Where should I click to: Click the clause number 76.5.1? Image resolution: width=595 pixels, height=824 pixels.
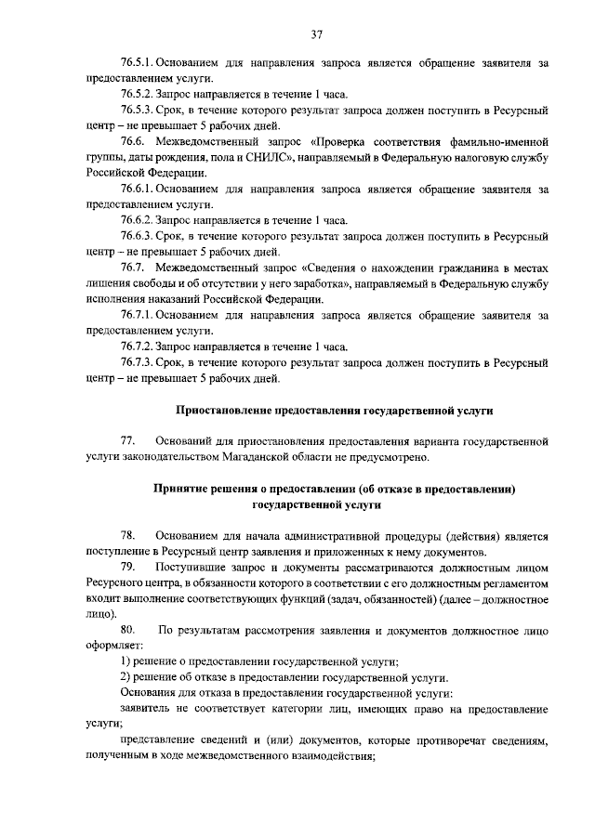[138, 63]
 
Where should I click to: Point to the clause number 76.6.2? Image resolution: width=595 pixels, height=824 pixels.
[138, 220]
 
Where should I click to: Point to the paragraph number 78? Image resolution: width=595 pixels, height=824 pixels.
[128, 535]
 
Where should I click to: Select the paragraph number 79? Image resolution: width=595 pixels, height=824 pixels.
[128, 566]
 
